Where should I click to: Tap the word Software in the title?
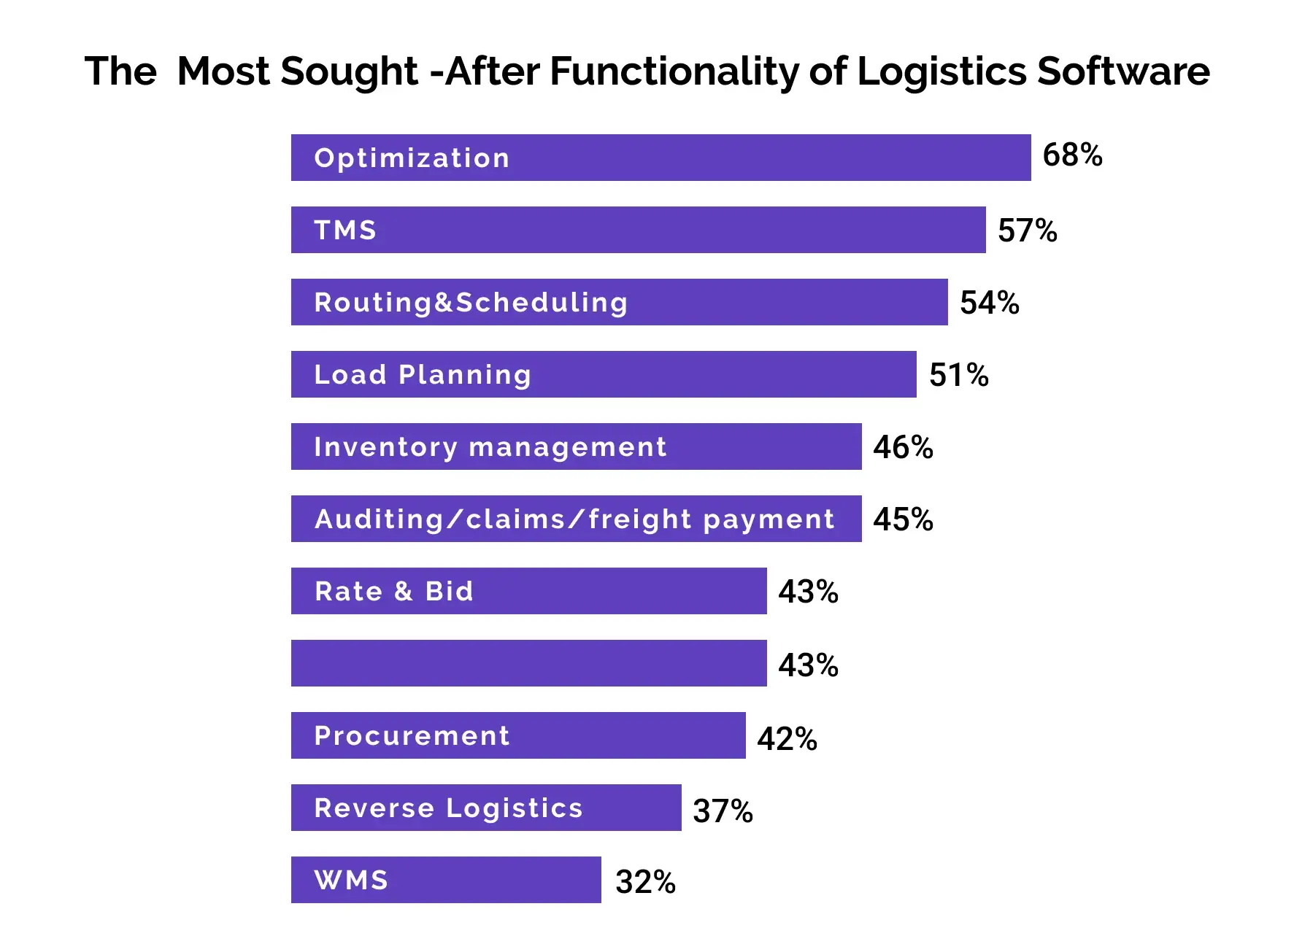(1123, 71)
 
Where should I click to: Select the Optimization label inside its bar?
(412, 158)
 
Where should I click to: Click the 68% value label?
(1072, 155)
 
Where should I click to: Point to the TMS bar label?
(345, 231)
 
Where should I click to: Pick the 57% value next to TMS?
(1028, 231)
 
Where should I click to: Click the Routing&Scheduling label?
(471, 303)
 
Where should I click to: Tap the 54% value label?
(990, 303)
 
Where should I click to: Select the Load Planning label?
(423, 375)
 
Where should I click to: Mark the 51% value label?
(959, 375)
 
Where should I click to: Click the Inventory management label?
(490, 447)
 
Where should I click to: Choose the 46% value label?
(904, 447)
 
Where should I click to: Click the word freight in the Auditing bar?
(640, 519)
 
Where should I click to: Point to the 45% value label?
(904, 519)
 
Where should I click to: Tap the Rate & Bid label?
(394, 591)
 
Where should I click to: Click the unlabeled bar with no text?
(529, 663)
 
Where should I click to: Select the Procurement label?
(412, 735)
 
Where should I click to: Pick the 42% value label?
(787, 738)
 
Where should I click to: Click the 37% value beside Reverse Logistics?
(723, 811)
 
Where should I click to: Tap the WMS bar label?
(351, 880)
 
